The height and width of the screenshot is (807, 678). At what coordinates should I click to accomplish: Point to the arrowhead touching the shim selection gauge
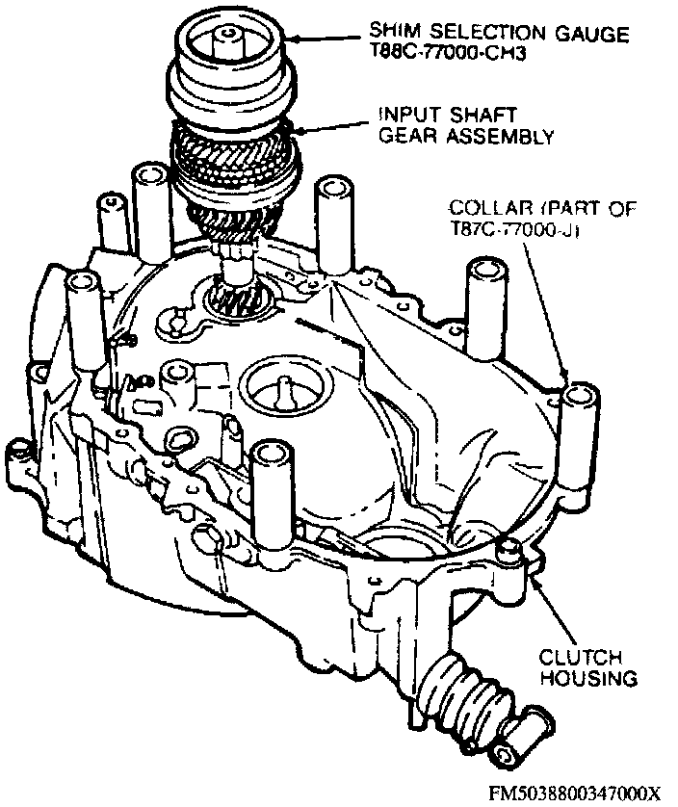click(x=293, y=38)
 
